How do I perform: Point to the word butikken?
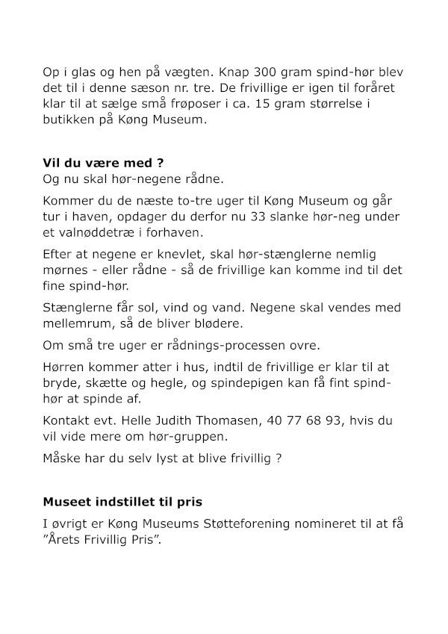(71, 120)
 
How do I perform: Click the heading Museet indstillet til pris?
(121, 503)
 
